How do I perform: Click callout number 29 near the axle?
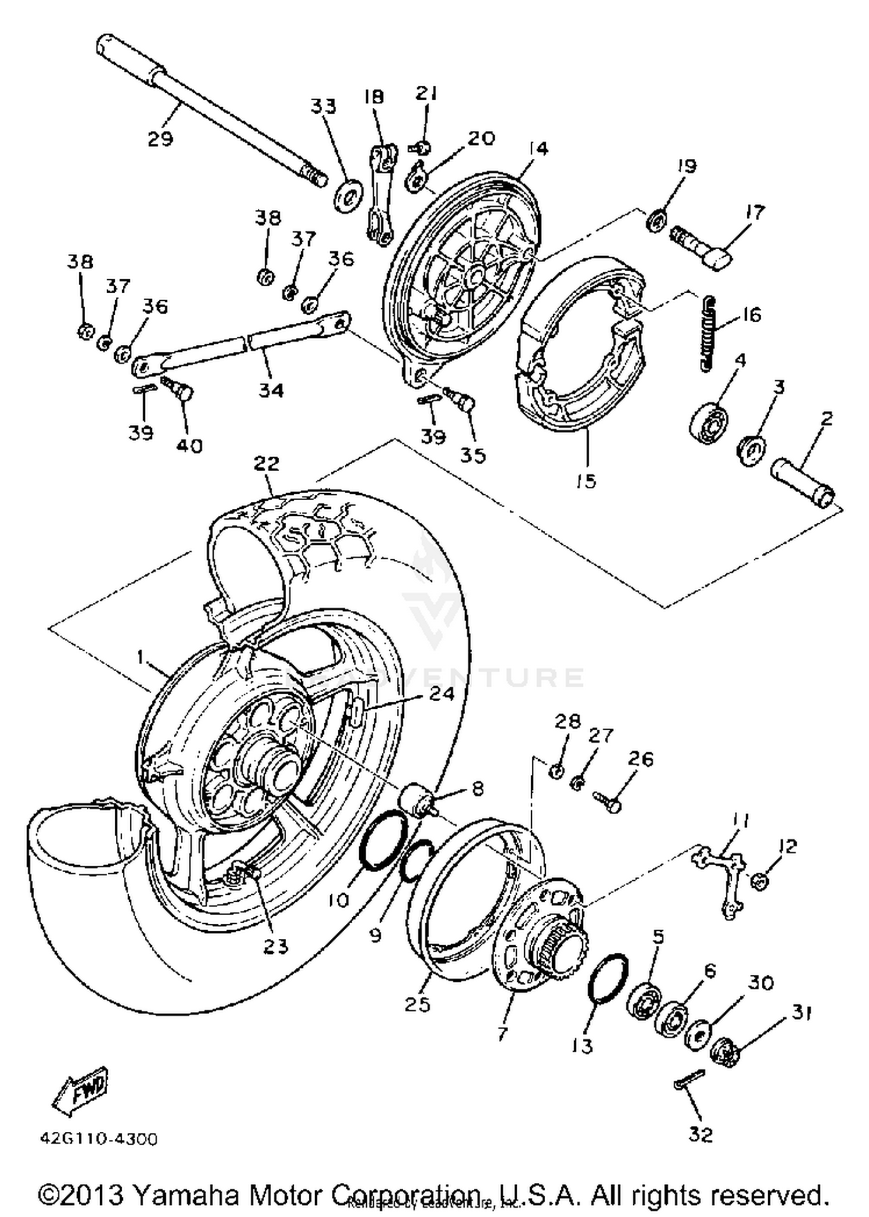(x=160, y=139)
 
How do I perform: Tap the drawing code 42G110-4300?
(x=98, y=1139)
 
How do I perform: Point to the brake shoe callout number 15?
(x=586, y=481)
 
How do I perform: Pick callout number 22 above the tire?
(x=266, y=464)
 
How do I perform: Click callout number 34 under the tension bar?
(x=271, y=390)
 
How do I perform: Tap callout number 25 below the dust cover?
(x=418, y=1004)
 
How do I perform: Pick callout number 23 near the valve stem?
(x=275, y=946)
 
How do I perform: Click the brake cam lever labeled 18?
(x=380, y=197)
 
